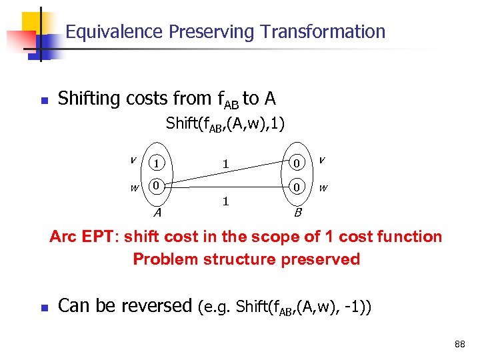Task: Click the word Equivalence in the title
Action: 115,31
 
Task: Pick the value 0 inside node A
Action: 155,186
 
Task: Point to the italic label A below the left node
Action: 157,213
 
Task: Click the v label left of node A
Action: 133,159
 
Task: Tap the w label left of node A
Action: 134,188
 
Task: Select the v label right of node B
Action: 322,159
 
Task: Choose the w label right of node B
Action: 323,188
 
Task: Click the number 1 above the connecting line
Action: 226,163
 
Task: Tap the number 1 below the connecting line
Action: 226,201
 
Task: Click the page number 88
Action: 459,344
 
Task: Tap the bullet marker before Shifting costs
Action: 44,101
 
